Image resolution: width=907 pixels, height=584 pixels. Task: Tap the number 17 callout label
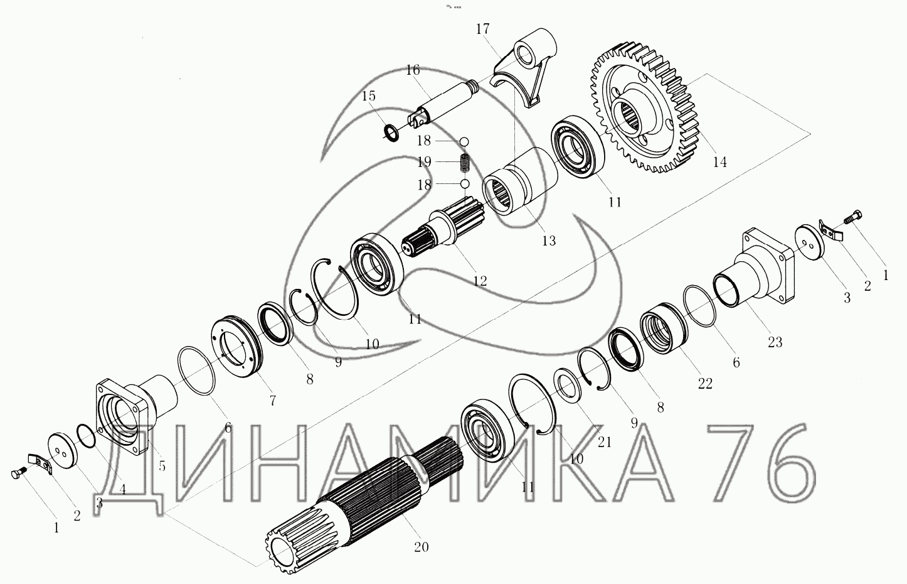click(x=482, y=29)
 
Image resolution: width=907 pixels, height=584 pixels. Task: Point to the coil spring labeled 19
click(x=465, y=163)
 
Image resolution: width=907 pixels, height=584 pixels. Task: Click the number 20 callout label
click(x=421, y=547)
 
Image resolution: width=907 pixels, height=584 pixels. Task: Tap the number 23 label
click(x=775, y=342)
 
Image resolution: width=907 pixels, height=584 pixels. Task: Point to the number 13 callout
click(x=549, y=241)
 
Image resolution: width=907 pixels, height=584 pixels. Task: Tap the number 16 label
click(x=413, y=70)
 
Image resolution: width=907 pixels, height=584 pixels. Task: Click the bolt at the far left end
click(x=19, y=473)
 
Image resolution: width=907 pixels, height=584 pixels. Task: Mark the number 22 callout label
click(x=705, y=384)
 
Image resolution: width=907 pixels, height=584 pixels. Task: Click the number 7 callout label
click(x=272, y=401)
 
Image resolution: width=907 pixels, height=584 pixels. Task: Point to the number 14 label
click(x=720, y=162)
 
